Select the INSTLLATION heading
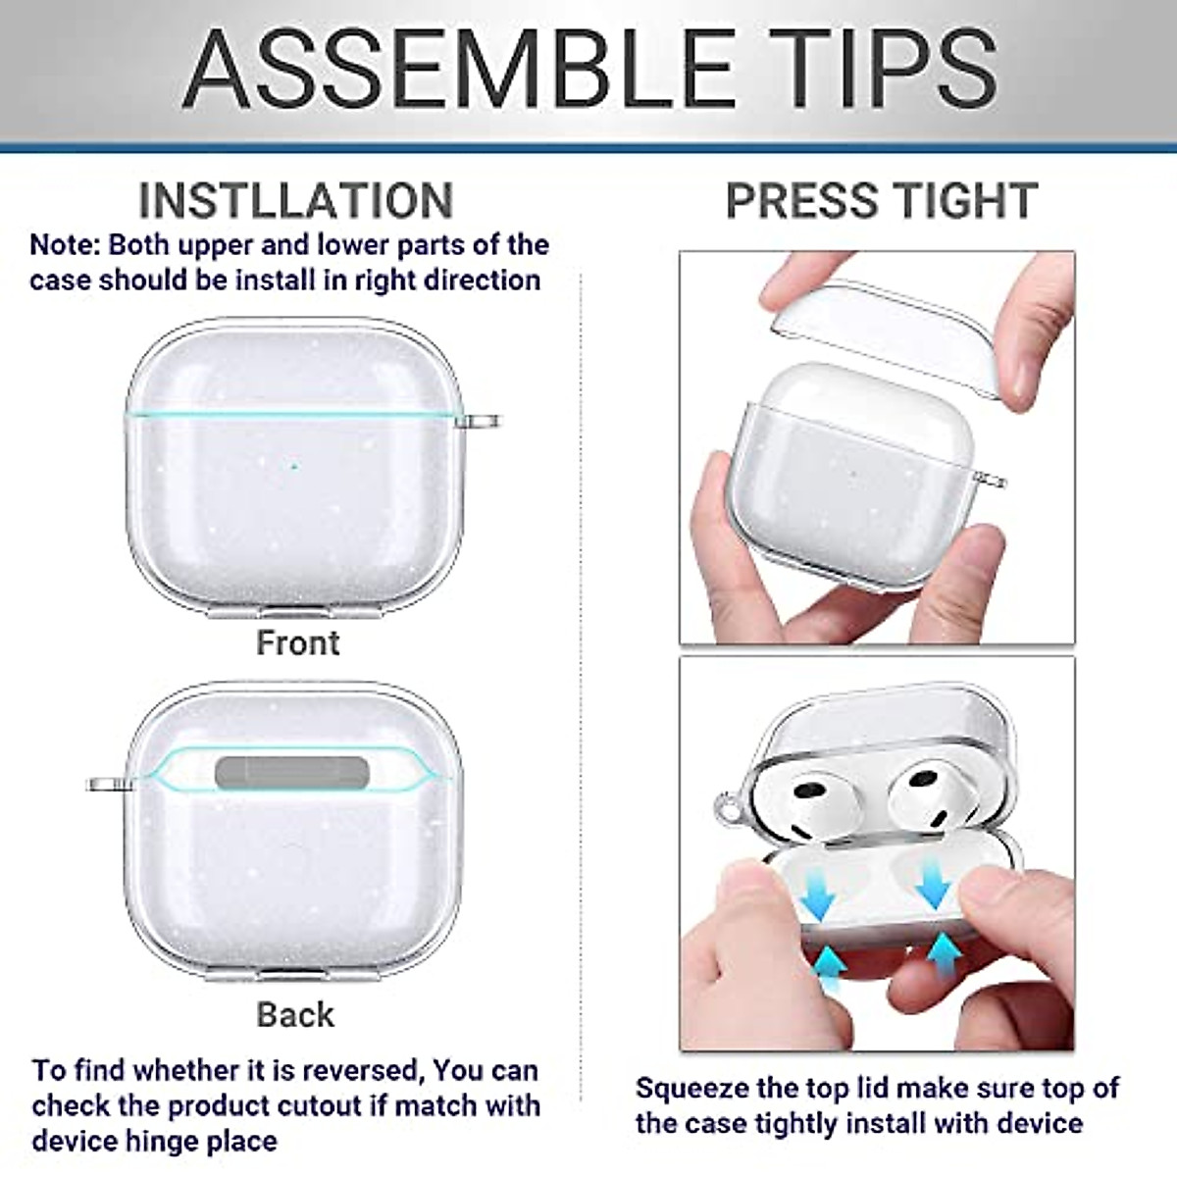295,201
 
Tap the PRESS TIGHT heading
881,201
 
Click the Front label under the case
297,643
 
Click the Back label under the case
295,1014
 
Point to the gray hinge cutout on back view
291,773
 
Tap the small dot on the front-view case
293,466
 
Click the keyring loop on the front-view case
481,422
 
